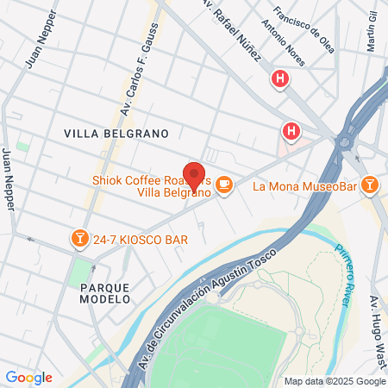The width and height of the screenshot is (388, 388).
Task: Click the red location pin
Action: [194, 175]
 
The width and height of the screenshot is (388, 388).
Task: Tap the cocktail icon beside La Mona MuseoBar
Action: [369, 185]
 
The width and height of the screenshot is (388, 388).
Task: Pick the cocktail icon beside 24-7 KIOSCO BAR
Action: [79, 236]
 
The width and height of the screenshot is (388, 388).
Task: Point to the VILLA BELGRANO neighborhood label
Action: [115, 134]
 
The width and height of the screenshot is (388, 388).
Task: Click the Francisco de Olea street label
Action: [303, 29]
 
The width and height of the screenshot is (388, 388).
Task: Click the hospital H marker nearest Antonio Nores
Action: [279, 80]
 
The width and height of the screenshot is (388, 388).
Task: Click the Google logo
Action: [29, 378]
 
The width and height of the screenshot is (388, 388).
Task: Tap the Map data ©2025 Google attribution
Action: [335, 381]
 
